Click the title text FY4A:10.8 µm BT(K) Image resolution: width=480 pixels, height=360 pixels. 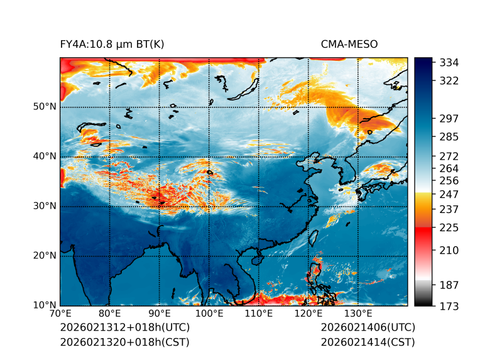pyautogui.click(x=112, y=45)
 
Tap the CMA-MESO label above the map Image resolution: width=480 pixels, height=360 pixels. pyautogui.click(x=349, y=45)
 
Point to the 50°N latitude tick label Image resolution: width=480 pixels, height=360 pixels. pyautogui.click(x=45, y=107)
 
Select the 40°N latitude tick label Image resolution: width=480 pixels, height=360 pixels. pyautogui.click(x=45, y=156)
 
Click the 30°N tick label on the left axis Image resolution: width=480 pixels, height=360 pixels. pyautogui.click(x=45, y=206)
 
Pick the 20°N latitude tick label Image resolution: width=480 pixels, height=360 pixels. pyautogui.click(x=45, y=256)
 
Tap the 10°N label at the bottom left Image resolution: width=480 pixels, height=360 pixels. pyautogui.click(x=45, y=305)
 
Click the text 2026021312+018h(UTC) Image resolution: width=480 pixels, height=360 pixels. pyautogui.click(x=124, y=328)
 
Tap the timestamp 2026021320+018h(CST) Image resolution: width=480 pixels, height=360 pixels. pyautogui.click(x=124, y=342)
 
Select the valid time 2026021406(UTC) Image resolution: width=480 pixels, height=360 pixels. pyautogui.click(x=368, y=328)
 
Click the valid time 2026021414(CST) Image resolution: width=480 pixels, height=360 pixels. pyautogui.click(x=368, y=342)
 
